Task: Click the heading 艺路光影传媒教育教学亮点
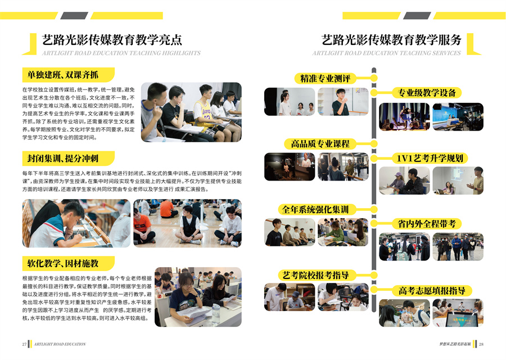click(112, 40)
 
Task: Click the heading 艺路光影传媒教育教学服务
click(391, 40)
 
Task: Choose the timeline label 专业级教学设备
click(427, 93)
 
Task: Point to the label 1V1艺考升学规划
click(430, 158)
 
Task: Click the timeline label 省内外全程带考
click(427, 223)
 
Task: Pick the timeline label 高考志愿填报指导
click(432, 290)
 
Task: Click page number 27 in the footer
click(24, 344)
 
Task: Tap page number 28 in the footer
click(481, 344)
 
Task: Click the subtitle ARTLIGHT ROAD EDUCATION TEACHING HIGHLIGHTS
click(121, 53)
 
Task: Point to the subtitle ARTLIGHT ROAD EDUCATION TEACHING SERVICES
click(387, 53)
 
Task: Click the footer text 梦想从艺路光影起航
click(455, 344)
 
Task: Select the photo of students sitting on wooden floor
click(187, 223)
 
